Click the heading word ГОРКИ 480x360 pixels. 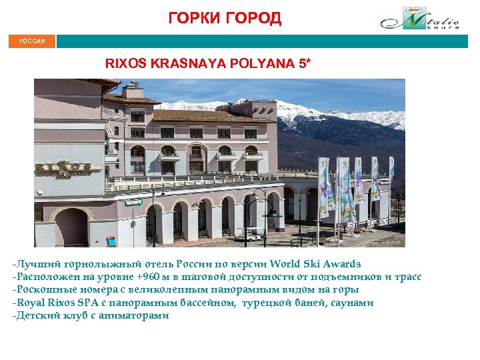[x=193, y=18]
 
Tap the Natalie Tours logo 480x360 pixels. [x=420, y=18]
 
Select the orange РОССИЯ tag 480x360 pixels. [x=32, y=41]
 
